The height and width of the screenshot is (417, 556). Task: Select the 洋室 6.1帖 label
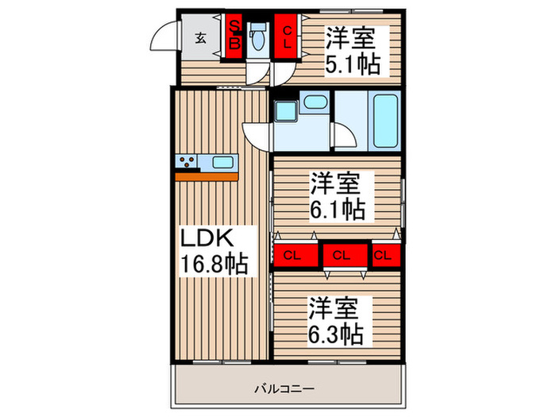(x=338, y=196)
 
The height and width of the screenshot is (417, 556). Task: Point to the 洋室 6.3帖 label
(x=336, y=319)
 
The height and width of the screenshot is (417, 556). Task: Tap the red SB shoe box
(x=235, y=35)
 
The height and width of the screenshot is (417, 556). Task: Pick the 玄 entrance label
(x=202, y=37)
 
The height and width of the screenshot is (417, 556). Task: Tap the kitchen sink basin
(x=222, y=163)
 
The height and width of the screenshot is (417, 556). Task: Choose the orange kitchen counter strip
(x=207, y=176)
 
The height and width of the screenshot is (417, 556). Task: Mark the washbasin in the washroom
(x=315, y=102)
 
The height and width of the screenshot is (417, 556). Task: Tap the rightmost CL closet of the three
(x=383, y=256)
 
